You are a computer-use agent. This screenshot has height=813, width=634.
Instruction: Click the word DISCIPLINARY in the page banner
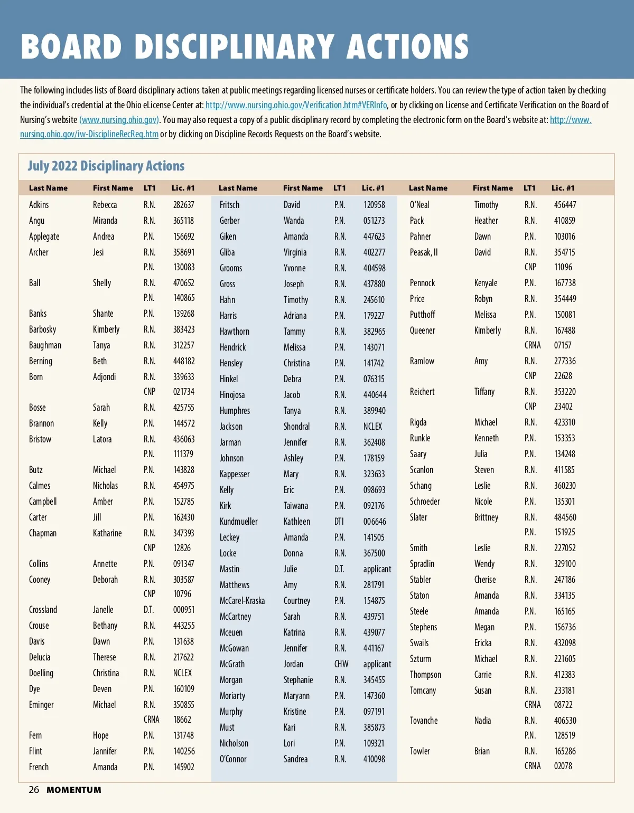(x=234, y=46)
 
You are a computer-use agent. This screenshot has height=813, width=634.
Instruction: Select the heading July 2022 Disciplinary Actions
(x=106, y=166)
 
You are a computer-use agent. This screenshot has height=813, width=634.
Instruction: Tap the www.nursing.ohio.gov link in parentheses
(x=119, y=120)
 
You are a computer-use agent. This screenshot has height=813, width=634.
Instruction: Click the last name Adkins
(x=39, y=205)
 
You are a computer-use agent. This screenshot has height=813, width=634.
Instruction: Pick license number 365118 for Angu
(x=183, y=221)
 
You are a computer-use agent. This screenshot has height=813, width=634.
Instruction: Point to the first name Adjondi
(x=104, y=377)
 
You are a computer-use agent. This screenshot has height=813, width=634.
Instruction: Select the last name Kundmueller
(x=238, y=522)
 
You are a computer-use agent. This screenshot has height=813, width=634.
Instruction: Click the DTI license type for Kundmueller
(x=339, y=522)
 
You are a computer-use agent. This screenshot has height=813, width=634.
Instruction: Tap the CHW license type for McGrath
(x=341, y=664)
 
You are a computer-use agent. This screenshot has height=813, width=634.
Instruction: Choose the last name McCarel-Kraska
(x=242, y=601)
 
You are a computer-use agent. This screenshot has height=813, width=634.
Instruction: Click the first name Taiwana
(x=295, y=506)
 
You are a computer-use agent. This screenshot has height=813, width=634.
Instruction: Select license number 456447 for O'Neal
(x=565, y=205)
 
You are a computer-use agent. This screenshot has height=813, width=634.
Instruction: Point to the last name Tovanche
(x=424, y=721)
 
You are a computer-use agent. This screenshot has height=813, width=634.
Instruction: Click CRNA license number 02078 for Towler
(x=563, y=766)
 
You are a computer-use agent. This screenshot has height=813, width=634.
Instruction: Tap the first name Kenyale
(x=486, y=283)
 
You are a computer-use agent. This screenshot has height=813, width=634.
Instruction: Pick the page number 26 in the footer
(x=34, y=790)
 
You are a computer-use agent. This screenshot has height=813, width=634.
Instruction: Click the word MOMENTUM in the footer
(x=74, y=790)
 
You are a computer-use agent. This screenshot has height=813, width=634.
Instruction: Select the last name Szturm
(x=420, y=659)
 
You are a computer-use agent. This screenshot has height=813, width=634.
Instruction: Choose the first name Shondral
(x=296, y=427)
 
